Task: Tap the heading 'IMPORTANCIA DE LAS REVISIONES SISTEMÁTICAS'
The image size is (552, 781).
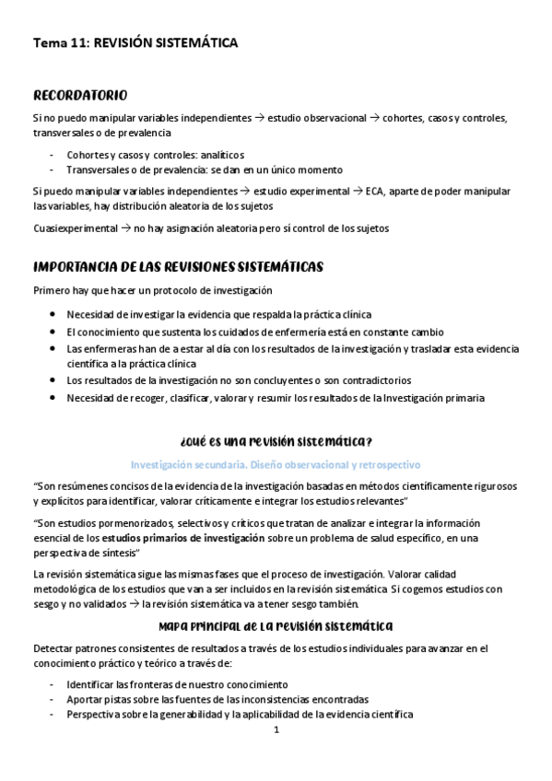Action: point(178,266)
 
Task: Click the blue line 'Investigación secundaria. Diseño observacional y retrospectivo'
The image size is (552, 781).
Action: point(276,464)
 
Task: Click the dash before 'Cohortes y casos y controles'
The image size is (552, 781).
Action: point(53,154)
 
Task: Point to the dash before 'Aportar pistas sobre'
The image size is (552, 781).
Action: point(53,699)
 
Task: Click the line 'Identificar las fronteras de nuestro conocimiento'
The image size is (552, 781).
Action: point(178,684)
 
